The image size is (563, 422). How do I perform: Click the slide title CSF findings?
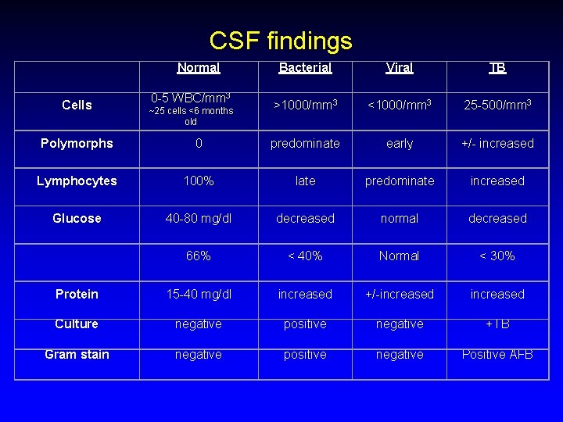pyautogui.click(x=281, y=40)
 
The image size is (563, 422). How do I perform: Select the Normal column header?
pyautogui.click(x=198, y=68)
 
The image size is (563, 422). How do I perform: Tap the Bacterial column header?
pyautogui.click(x=305, y=68)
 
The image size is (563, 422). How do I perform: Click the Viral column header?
pyautogui.click(x=400, y=68)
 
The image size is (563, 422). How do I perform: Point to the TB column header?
pyautogui.click(x=497, y=68)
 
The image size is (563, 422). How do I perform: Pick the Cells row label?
pyautogui.click(x=77, y=105)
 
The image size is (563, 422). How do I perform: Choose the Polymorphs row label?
pyautogui.click(x=77, y=144)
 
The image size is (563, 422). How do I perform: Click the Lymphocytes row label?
pyautogui.click(x=77, y=181)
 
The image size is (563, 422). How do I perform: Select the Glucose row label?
pyautogui.click(x=77, y=219)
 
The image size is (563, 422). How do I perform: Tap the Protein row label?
pyautogui.click(x=77, y=295)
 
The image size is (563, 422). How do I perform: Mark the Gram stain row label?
pyautogui.click(x=77, y=355)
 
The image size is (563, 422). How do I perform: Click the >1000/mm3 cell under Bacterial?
pyautogui.click(x=305, y=105)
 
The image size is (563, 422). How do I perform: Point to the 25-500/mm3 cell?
pyautogui.click(x=497, y=105)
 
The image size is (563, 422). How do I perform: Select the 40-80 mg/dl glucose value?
pyautogui.click(x=198, y=219)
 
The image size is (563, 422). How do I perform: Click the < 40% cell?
pyautogui.click(x=305, y=256)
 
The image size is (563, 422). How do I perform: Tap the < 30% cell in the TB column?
pyautogui.click(x=497, y=256)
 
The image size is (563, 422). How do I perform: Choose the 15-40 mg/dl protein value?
pyautogui.click(x=198, y=295)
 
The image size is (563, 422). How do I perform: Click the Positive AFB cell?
pyautogui.click(x=497, y=355)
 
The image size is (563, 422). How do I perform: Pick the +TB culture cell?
pyautogui.click(x=497, y=324)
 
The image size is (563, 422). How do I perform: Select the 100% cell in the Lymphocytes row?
pyautogui.click(x=198, y=181)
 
